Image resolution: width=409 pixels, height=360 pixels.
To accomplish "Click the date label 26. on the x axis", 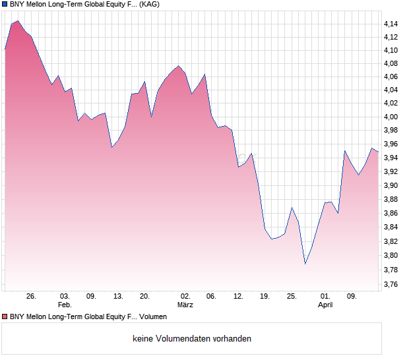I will coord(31,296).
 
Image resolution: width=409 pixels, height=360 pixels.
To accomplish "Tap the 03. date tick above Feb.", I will coord(64,296).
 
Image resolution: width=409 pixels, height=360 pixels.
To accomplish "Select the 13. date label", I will coord(118,296).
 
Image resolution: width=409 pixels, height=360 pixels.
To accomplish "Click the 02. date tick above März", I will coord(185,296).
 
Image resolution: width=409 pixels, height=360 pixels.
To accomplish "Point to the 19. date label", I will coord(265,296).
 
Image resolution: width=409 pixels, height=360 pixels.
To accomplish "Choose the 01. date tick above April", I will coord(325,296).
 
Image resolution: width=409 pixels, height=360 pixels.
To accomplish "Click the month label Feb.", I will coord(64,305).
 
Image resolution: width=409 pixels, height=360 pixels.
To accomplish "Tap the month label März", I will coord(185,305).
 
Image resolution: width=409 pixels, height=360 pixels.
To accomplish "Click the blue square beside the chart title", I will coord(5,4).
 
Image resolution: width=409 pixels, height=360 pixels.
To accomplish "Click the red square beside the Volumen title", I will coord(5,317).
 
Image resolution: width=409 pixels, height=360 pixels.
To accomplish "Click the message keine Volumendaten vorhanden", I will coord(192,339).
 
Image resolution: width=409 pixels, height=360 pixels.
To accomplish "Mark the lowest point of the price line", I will coord(305,264).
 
